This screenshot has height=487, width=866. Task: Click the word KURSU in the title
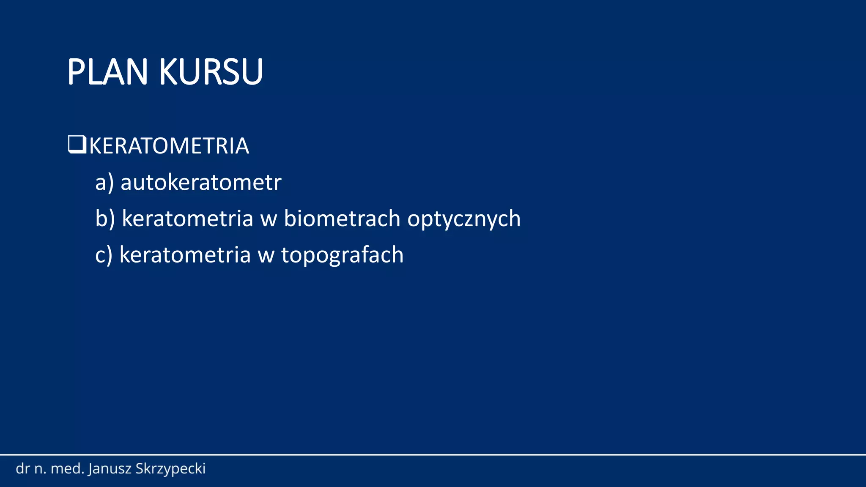(x=211, y=72)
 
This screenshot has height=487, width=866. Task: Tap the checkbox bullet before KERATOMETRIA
(x=77, y=145)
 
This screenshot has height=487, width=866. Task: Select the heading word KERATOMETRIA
(x=169, y=146)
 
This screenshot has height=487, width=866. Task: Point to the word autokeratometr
(x=201, y=183)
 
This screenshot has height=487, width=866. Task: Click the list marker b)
(x=105, y=219)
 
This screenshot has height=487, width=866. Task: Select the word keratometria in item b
(x=187, y=219)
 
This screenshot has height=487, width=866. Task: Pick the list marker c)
(x=104, y=255)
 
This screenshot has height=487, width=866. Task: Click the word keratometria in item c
(x=185, y=255)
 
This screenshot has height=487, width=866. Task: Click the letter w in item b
(x=269, y=219)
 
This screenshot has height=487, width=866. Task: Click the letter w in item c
(x=266, y=256)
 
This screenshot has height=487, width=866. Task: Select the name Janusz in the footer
(x=110, y=469)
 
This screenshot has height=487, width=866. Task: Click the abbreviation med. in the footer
(x=68, y=468)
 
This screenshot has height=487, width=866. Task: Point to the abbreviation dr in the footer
(x=22, y=468)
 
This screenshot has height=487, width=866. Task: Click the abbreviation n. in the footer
(x=40, y=469)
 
